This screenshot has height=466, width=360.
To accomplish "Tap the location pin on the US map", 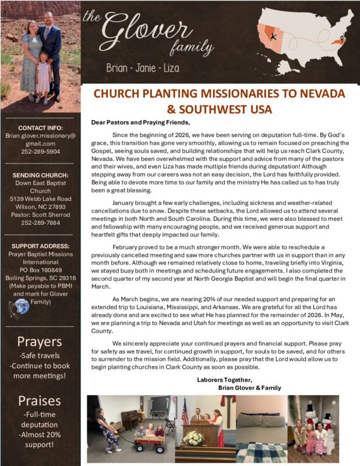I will click(x=342, y=41).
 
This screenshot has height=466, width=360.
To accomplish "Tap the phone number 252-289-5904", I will click(x=40, y=150).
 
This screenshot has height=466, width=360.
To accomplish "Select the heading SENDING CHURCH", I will click(x=40, y=175).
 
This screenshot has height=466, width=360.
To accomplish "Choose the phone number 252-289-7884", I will click(x=40, y=221).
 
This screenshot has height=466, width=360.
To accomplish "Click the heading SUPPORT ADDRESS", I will click(x=40, y=246).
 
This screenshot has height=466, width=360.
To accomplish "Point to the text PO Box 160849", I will click(x=40, y=270).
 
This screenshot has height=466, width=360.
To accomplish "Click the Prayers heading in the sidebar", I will click(x=40, y=341).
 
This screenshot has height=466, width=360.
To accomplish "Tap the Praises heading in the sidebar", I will click(x=40, y=400).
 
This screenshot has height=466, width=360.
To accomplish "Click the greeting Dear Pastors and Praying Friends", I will click(x=140, y=122).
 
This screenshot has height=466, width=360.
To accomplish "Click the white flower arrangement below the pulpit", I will click(x=194, y=438).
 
